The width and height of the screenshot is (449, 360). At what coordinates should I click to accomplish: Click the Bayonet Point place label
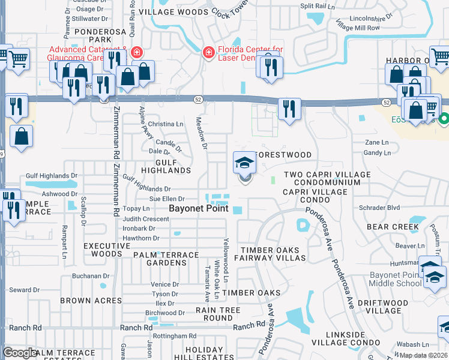tap(199, 209)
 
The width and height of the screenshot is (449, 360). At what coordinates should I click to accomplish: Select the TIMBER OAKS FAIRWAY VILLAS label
tap(273, 254)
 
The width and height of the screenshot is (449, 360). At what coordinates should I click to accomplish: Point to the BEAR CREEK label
tap(393, 227)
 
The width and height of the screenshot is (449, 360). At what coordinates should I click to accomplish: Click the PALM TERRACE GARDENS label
tap(166, 259)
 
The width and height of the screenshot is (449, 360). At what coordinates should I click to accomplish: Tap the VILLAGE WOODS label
tap(173, 11)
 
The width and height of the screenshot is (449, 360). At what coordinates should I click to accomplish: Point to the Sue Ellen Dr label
tap(166, 199)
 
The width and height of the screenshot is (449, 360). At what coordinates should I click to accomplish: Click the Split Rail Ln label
tap(316, 6)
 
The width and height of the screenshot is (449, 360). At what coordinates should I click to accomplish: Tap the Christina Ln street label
tap(166, 124)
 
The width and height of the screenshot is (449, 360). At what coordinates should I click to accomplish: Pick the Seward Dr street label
tap(24, 290)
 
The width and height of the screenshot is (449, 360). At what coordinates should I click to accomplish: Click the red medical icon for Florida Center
tap(208, 52)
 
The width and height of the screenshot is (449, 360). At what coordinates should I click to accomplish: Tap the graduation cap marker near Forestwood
tap(244, 162)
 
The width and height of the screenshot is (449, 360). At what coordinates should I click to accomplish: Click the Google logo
tap(20, 353)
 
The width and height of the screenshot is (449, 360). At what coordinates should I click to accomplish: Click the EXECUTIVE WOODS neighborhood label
tap(103, 250)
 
